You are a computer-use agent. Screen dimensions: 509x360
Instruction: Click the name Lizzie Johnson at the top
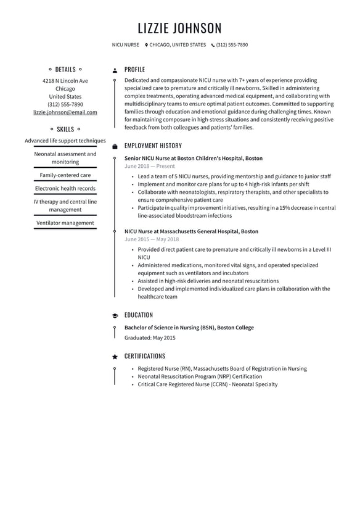(x=179, y=28)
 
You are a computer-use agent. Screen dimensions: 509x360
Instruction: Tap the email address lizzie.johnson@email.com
(x=65, y=112)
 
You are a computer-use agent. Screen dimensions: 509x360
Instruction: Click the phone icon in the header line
(x=213, y=45)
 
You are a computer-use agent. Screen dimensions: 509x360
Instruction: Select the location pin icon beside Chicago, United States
(x=147, y=45)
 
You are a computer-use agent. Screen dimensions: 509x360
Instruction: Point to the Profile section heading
(x=134, y=70)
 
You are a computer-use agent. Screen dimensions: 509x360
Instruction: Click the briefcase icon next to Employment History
(x=115, y=146)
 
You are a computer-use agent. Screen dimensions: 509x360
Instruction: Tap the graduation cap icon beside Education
(x=115, y=315)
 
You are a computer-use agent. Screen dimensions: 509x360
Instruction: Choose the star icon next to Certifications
(x=115, y=357)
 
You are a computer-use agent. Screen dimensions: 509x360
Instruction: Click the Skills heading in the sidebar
(x=65, y=130)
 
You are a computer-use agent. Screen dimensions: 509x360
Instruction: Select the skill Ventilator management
(x=65, y=223)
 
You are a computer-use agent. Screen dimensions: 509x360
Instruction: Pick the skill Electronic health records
(x=65, y=188)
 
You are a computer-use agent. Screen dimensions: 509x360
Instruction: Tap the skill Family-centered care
(x=65, y=175)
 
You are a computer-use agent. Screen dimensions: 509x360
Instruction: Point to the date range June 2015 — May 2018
(x=152, y=239)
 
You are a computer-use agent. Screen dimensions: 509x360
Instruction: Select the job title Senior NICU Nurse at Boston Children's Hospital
(x=194, y=159)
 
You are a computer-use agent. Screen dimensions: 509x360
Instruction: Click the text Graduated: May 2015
(x=150, y=338)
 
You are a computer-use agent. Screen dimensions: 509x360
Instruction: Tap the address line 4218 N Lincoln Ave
(x=65, y=81)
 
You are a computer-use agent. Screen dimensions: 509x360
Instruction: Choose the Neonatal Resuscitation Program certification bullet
(x=200, y=376)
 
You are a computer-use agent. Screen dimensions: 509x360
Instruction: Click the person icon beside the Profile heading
(x=115, y=70)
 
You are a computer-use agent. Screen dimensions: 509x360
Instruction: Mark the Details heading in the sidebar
(x=65, y=70)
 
